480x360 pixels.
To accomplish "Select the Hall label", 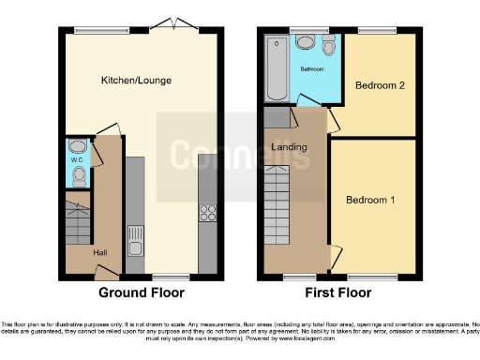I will (99, 251).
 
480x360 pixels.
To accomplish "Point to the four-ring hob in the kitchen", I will (207, 213).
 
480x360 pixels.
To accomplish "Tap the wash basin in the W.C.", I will (76, 148).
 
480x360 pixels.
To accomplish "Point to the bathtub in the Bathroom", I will (277, 68).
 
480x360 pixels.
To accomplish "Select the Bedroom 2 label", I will (379, 85).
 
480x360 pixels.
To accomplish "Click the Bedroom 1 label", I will (369, 200).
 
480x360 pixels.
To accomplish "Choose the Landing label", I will (289, 147).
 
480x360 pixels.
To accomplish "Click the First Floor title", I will (339, 292).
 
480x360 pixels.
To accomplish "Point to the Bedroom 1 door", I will (335, 253).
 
